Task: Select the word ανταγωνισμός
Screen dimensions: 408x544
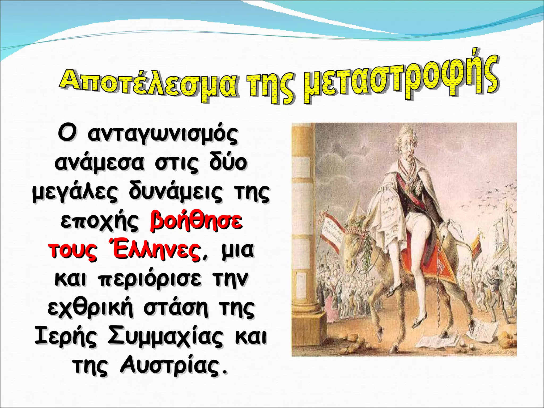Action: click(163, 134)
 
